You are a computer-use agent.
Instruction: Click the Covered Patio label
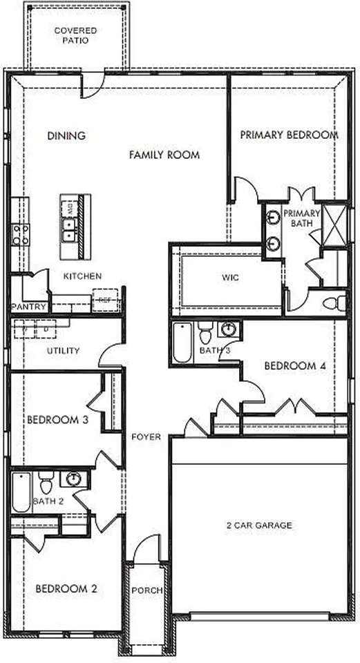(75, 35)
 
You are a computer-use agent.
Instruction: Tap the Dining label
(66, 135)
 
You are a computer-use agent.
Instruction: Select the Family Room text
(164, 155)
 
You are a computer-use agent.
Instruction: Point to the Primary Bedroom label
(289, 135)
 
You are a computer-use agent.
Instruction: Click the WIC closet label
(230, 278)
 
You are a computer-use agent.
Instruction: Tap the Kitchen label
(83, 276)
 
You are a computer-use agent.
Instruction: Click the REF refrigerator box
(104, 300)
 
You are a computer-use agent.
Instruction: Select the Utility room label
(64, 351)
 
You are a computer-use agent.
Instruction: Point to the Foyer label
(146, 436)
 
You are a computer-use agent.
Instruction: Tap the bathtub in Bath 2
(21, 491)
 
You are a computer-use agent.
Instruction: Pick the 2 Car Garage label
(259, 526)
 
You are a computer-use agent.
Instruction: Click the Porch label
(147, 590)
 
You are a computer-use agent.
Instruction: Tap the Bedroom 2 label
(66, 588)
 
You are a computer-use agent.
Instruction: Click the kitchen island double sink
(69, 227)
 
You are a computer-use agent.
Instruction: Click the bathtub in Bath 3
(181, 344)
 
